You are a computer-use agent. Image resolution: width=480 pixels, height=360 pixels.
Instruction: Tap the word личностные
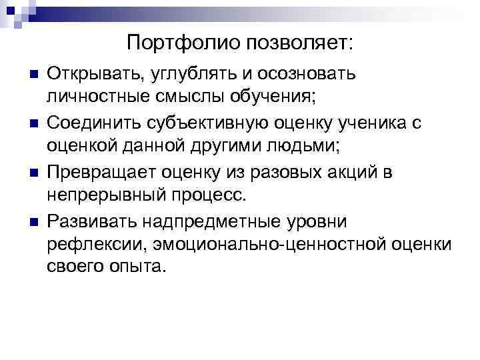pos(93,97)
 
